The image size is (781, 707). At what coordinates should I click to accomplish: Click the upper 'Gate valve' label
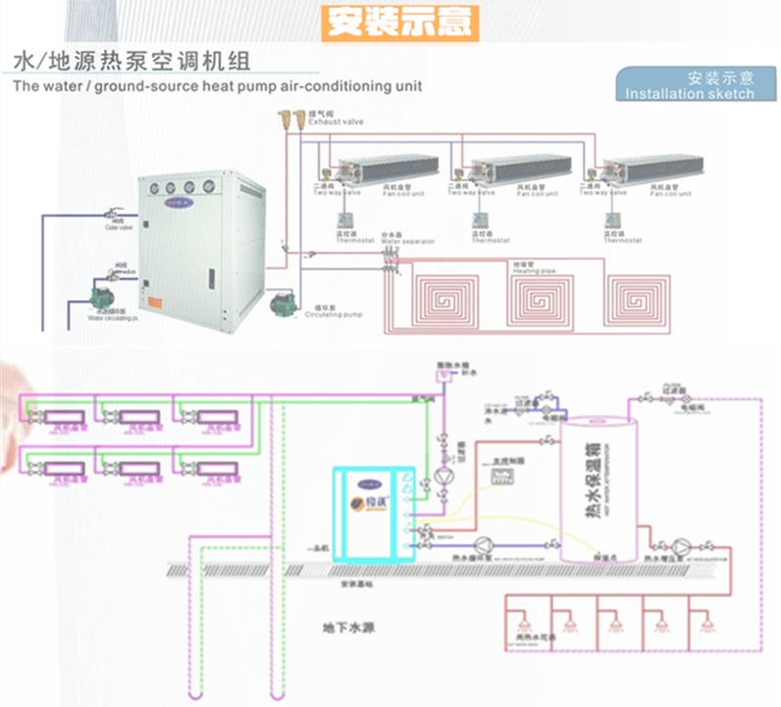pyautogui.click(x=119, y=227)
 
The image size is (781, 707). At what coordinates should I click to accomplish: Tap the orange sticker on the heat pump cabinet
pyautogui.click(x=362, y=502)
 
